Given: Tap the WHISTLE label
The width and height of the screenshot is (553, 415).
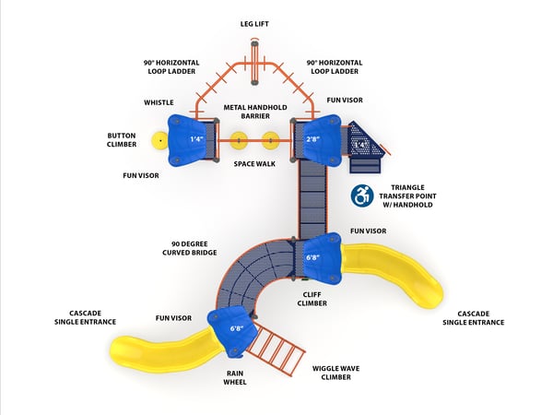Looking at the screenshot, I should pyautogui.click(x=159, y=102).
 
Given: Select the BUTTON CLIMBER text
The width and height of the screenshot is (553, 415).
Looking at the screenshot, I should pyautogui.click(x=122, y=139).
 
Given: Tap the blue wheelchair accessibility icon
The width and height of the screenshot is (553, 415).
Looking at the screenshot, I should pyautogui.click(x=361, y=196).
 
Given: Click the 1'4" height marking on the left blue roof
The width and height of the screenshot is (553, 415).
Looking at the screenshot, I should pyautogui.click(x=195, y=139).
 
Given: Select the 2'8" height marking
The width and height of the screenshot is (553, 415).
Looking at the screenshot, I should pyautogui.click(x=313, y=139).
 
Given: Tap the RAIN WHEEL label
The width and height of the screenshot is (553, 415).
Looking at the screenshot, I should pyautogui.click(x=235, y=378).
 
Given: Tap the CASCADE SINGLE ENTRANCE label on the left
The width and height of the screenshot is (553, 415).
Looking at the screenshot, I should pyautogui.click(x=86, y=316).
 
